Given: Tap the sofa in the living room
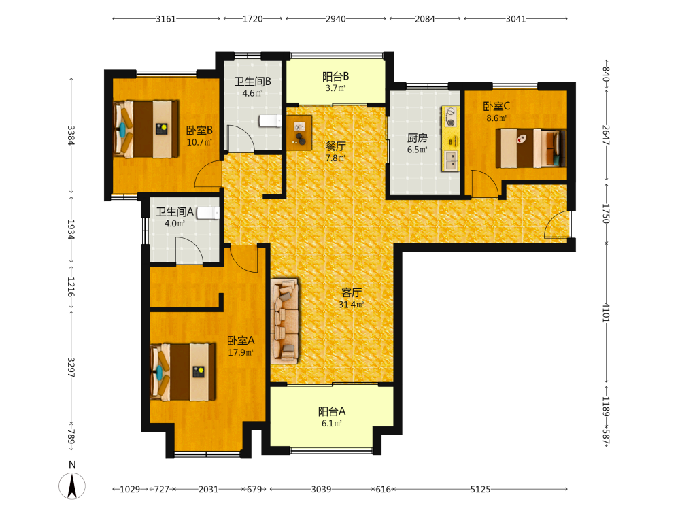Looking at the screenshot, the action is (x=284, y=321).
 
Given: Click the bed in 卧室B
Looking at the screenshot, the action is (x=146, y=129).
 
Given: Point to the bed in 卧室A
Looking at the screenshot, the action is (x=182, y=372).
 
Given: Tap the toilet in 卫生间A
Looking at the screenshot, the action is (x=208, y=212).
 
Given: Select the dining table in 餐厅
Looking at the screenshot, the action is (x=299, y=133).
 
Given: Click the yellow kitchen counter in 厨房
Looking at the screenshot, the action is (x=451, y=138).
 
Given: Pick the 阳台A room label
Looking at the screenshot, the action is (x=332, y=411).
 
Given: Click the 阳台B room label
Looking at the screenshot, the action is (x=336, y=76).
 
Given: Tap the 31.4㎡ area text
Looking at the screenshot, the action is (x=352, y=305).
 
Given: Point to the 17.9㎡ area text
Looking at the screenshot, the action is (x=241, y=352).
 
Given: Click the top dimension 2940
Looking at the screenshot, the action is (x=336, y=18).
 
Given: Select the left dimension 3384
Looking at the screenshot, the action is (x=71, y=135).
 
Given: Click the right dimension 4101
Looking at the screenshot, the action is (x=606, y=312).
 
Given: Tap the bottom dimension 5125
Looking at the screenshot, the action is (x=481, y=489).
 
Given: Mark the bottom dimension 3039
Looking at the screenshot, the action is (x=322, y=489).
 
